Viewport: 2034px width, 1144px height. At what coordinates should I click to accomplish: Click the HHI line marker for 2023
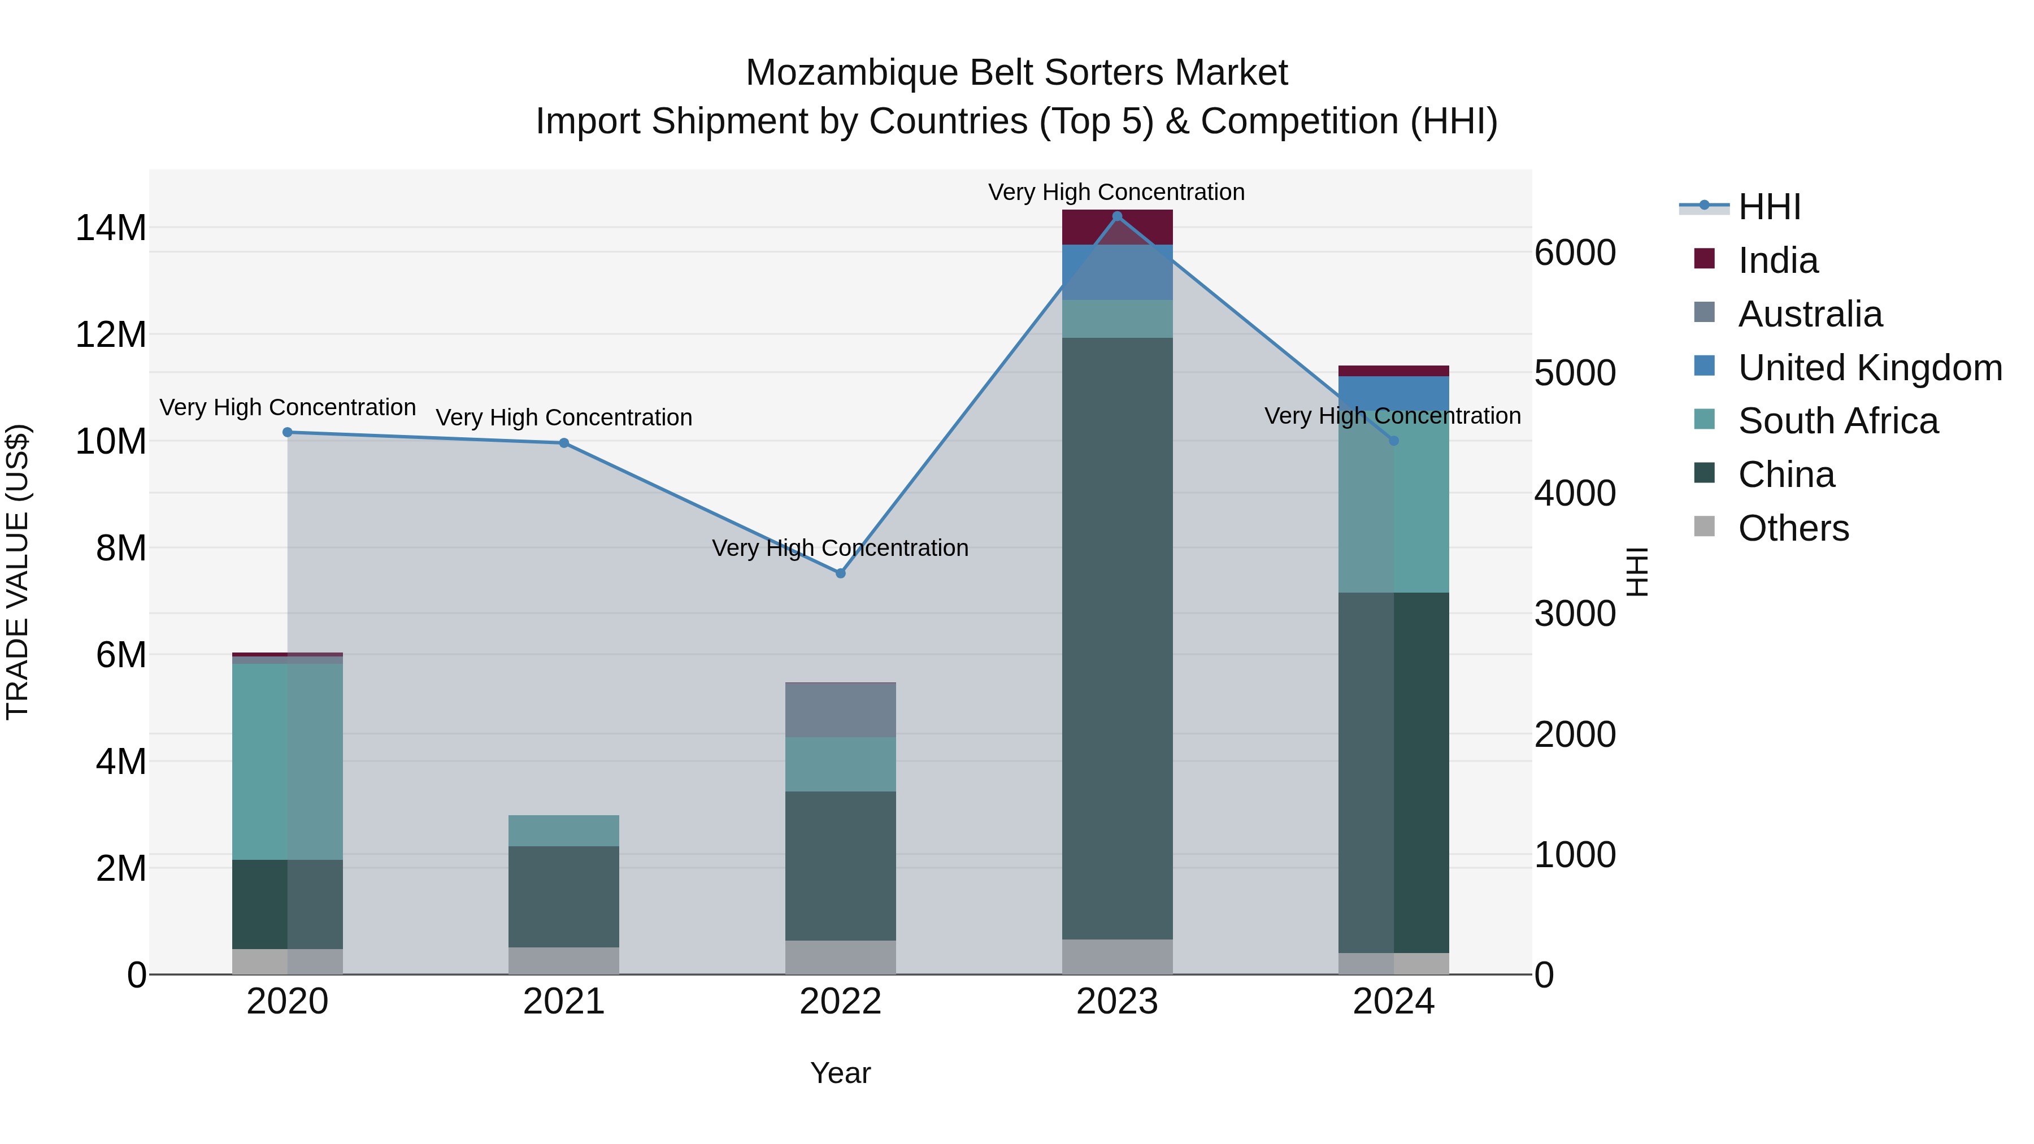click(x=1116, y=216)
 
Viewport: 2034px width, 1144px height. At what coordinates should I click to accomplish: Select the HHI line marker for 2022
click(x=840, y=573)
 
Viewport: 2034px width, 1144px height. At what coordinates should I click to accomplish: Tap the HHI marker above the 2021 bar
click(x=564, y=443)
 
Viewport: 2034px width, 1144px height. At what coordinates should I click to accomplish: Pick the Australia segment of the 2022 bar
click(x=840, y=710)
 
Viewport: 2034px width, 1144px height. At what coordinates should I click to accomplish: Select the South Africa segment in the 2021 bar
click(x=564, y=830)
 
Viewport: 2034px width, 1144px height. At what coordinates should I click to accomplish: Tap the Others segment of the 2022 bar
click(x=840, y=957)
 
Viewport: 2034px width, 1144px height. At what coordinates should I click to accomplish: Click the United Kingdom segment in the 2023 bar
click(x=1116, y=272)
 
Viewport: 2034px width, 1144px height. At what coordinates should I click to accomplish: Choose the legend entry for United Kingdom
click(x=1869, y=368)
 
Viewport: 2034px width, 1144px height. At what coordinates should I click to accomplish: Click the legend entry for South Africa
click(x=1837, y=421)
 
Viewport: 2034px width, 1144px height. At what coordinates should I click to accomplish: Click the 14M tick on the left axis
click(x=111, y=228)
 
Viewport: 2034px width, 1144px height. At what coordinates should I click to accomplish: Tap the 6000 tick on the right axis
click(x=1575, y=254)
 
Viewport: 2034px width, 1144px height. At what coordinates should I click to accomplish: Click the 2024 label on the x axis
click(x=1393, y=1002)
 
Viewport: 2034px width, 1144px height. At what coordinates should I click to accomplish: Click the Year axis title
click(x=840, y=1073)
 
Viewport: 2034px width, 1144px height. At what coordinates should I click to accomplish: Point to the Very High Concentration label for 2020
click(x=288, y=407)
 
